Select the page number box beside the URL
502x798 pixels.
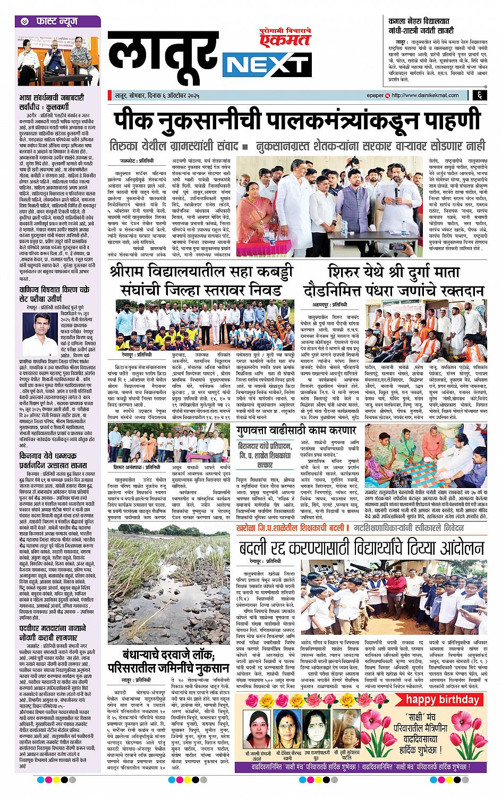pos(479,95)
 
